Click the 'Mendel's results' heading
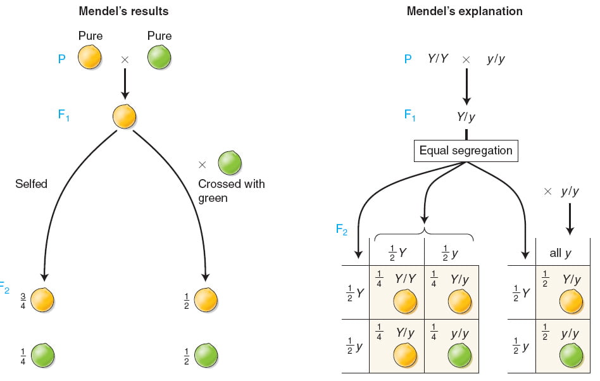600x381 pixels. [123, 11]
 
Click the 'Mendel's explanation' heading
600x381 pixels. [465, 11]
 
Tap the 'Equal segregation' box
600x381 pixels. [466, 151]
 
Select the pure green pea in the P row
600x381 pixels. [159, 58]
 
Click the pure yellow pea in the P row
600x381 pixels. [90, 58]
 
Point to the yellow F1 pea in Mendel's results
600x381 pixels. [124, 116]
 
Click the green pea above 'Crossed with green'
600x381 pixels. [230, 163]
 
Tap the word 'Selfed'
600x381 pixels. [32, 184]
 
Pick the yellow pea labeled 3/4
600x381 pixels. [42, 300]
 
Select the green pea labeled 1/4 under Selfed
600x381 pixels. [42, 356]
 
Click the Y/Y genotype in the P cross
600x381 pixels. [438, 58]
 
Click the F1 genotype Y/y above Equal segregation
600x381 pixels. [466, 116]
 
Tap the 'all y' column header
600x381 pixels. [560, 253]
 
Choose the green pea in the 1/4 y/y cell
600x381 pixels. [459, 356]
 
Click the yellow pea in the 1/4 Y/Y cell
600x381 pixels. [405, 301]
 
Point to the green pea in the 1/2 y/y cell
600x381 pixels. [572, 356]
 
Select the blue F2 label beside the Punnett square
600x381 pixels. [341, 230]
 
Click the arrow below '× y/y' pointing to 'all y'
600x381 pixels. [570, 219]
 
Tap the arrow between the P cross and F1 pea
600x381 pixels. [125, 84]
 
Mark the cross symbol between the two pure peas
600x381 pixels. [125, 59]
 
